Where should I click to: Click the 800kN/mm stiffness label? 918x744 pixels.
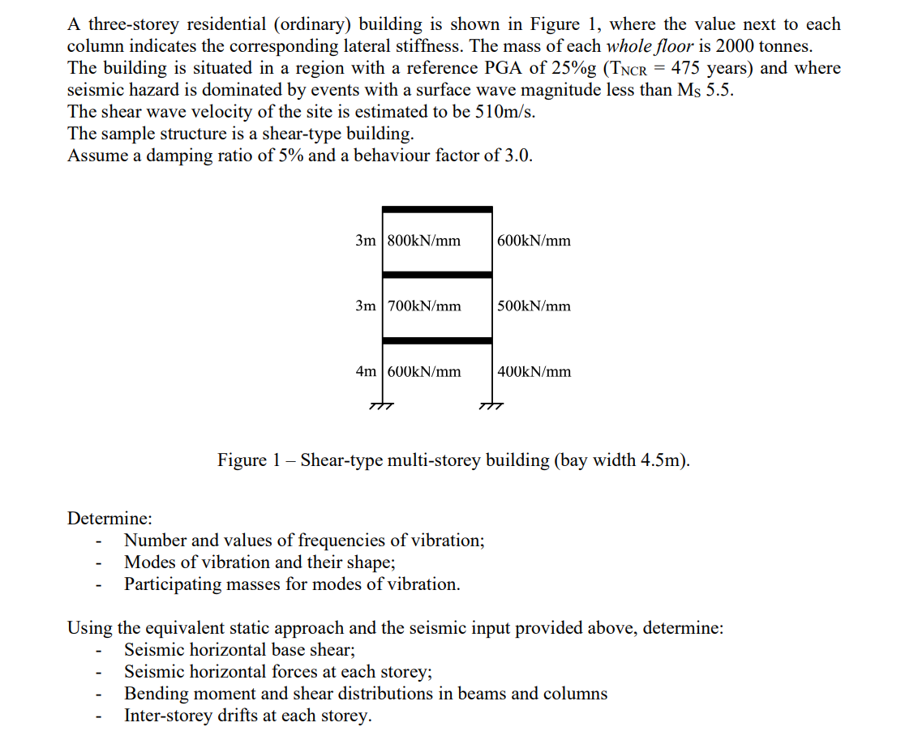pos(424,241)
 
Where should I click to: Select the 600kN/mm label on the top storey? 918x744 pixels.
pos(534,241)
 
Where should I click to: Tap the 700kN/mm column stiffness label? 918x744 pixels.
pos(424,306)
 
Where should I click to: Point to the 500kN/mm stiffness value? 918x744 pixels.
pos(534,306)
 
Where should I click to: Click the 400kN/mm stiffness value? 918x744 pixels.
pos(534,372)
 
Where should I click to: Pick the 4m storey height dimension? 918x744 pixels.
pos(366,372)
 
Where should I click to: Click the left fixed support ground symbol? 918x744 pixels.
pos(381,405)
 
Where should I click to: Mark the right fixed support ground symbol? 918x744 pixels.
pos(491,405)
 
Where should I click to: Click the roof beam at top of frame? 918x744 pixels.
pos(437,209)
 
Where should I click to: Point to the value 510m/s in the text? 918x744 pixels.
pos(506,112)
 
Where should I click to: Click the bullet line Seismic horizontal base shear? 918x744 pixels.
pos(239,650)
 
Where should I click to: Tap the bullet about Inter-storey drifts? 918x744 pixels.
pos(247,716)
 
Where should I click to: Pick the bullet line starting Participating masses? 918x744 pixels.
pos(292,584)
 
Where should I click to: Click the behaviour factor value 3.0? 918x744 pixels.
pos(517,156)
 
